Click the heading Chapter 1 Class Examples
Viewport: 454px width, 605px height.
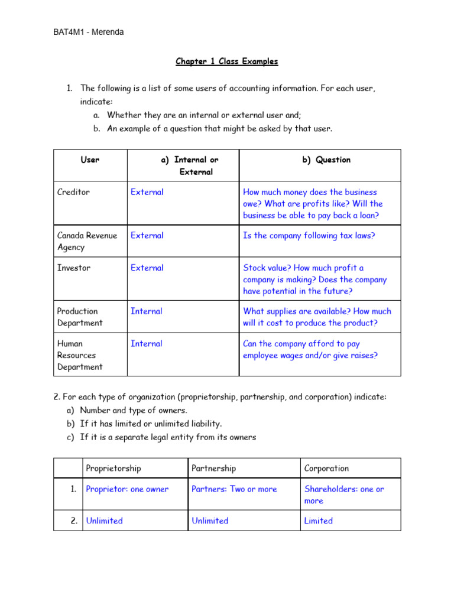[226, 61]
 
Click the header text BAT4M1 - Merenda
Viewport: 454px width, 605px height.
[88, 32]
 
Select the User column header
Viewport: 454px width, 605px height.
[90, 160]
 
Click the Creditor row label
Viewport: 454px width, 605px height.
[73, 192]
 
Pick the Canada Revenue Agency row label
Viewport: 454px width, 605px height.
[87, 241]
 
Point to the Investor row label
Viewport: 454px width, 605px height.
[74, 268]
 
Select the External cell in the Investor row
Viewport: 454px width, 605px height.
[147, 268]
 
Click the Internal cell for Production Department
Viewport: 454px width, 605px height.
[146, 311]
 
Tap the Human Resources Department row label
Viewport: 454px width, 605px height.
[80, 355]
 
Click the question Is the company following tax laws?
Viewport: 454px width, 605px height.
[309, 235]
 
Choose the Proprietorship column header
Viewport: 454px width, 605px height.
[113, 468]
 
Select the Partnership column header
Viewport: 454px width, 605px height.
[213, 468]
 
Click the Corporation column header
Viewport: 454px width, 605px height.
[326, 468]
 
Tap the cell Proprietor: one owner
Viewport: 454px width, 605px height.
[127, 489]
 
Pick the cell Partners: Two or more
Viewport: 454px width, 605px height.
[234, 489]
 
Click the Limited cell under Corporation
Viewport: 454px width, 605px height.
[318, 521]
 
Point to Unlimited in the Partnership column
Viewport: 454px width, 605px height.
[210, 521]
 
